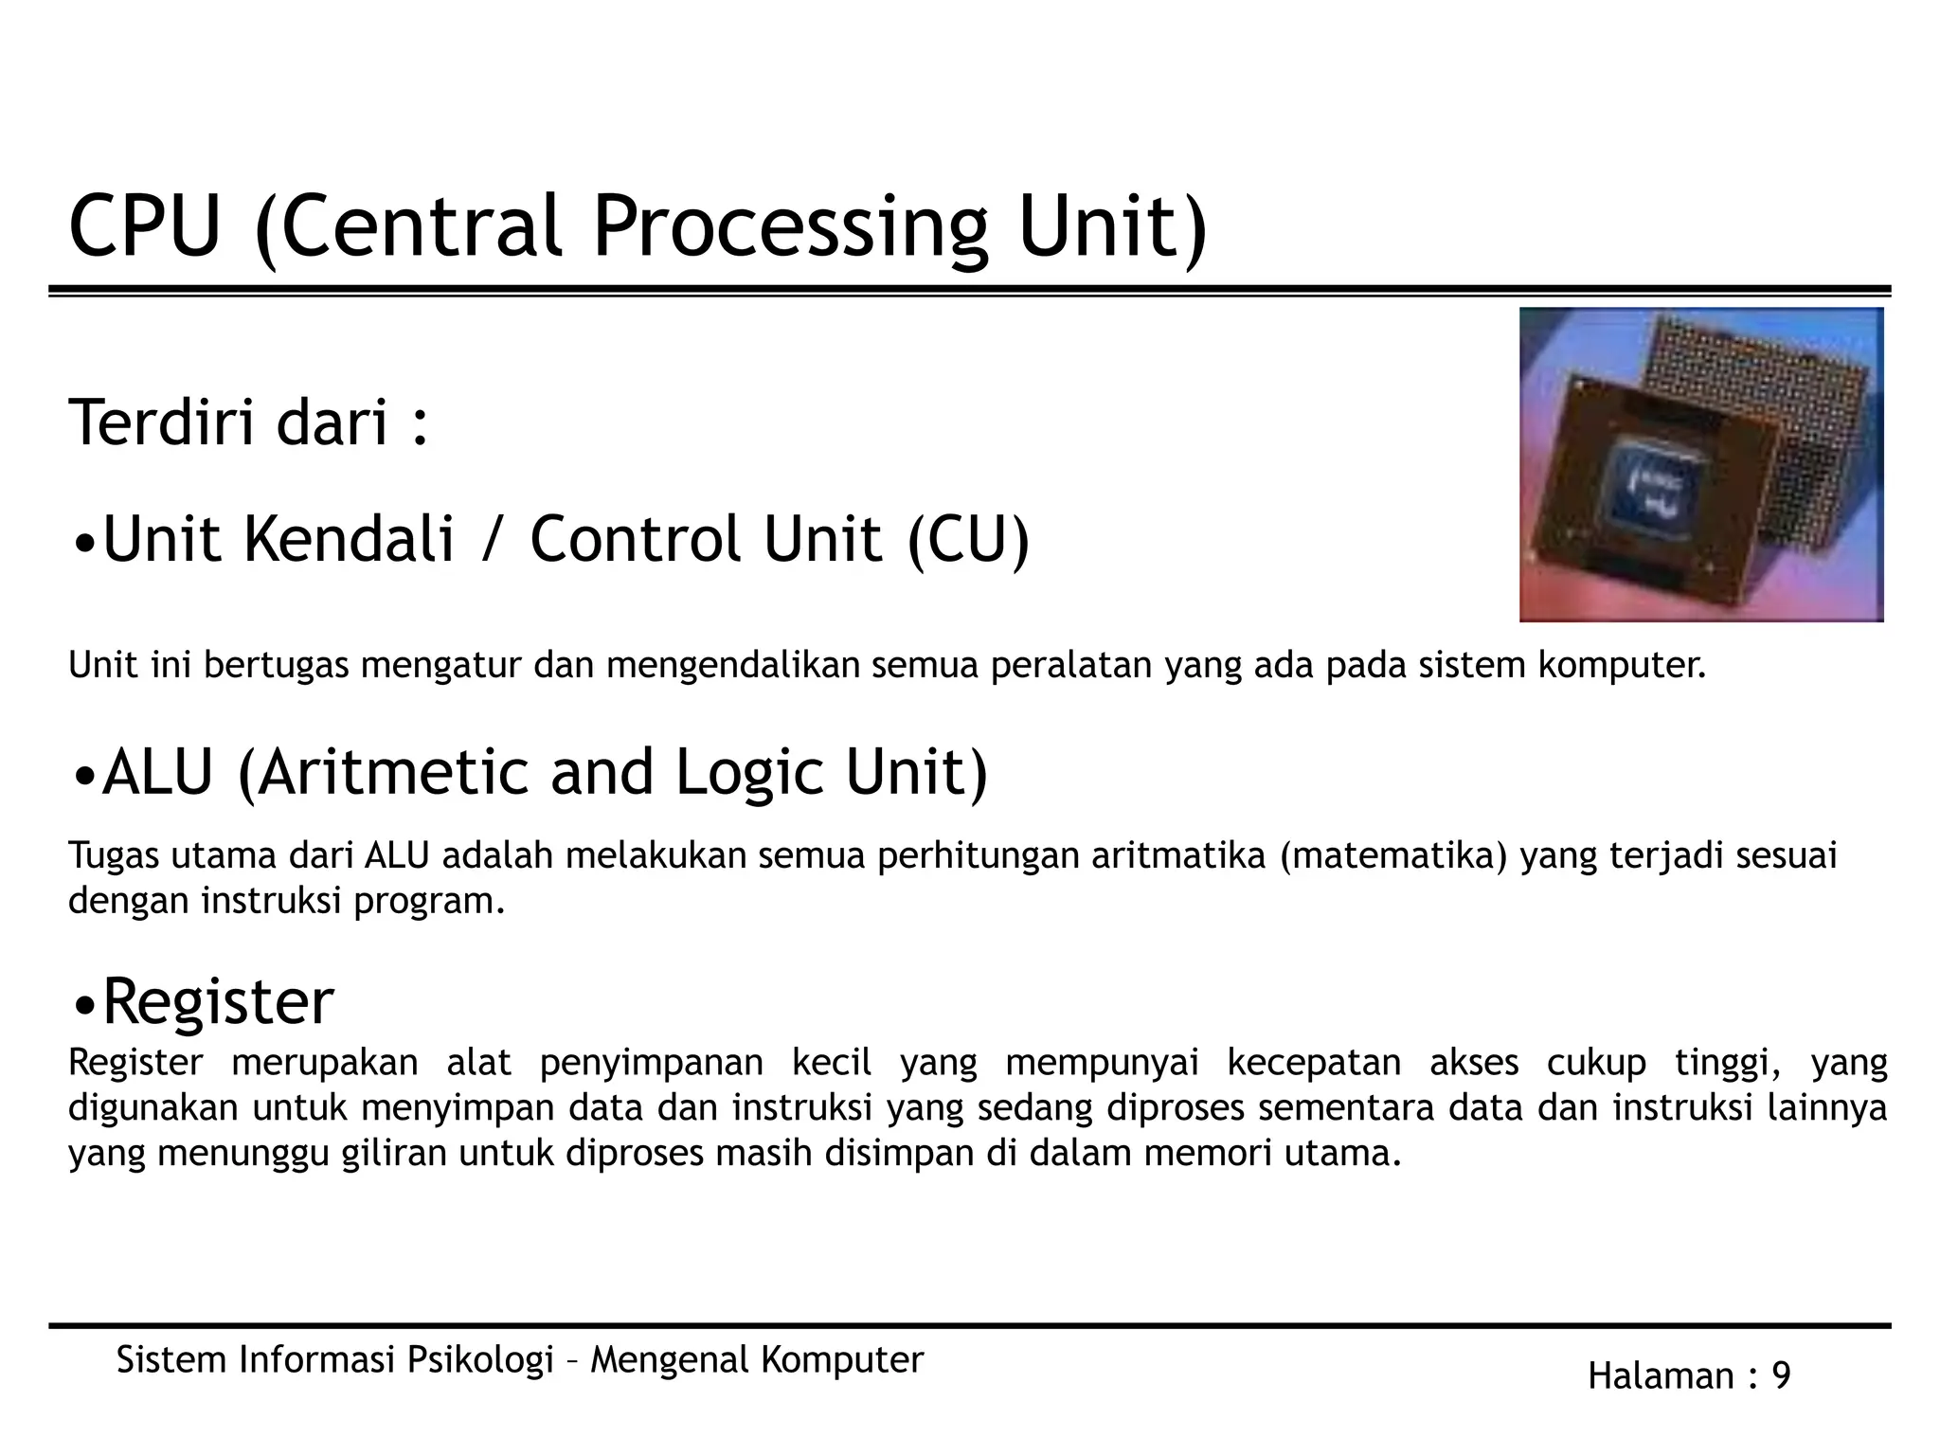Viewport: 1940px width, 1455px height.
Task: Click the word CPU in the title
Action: pos(144,226)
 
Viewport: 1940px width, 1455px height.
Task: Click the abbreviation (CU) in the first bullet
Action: pos(967,540)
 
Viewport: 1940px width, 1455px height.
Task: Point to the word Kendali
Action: pos(349,539)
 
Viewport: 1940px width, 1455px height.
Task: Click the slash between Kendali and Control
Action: pos(492,540)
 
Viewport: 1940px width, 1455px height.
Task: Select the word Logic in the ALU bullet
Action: pos(751,773)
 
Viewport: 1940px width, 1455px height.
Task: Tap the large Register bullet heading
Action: pos(217,1001)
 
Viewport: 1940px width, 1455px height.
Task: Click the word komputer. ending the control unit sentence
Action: pos(1621,666)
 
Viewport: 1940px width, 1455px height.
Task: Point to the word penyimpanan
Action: pos(651,1063)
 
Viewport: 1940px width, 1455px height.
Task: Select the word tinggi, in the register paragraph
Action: pos(1728,1063)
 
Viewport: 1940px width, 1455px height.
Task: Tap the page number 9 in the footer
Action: pos(1781,1376)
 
